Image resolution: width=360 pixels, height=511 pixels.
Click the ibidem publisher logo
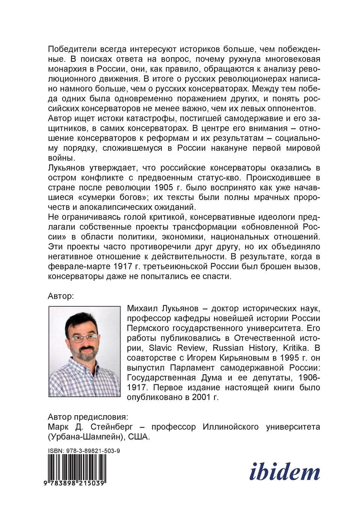[x=285, y=472]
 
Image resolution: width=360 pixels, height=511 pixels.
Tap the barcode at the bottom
[x=77, y=467]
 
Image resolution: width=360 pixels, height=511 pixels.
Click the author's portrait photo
[x=84, y=351]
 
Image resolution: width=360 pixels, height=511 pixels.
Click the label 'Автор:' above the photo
[x=61, y=296]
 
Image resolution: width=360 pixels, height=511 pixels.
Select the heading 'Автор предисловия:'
[x=88, y=417]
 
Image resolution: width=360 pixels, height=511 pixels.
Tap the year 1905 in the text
[x=163, y=187]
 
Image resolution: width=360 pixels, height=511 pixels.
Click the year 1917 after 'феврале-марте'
[x=123, y=266]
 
